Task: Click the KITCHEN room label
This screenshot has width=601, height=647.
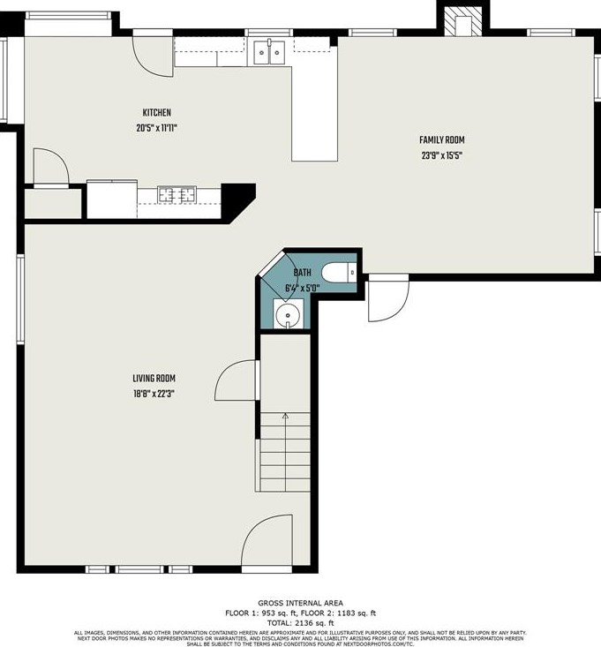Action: [x=156, y=113]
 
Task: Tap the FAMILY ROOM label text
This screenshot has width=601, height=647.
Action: [x=441, y=139]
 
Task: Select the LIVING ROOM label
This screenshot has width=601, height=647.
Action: [x=149, y=379]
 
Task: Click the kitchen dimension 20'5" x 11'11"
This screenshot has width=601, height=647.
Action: [x=156, y=127]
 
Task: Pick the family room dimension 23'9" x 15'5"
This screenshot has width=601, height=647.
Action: [x=441, y=155]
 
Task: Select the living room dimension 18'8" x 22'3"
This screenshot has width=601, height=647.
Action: [x=149, y=394]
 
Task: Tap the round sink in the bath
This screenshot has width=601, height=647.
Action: [x=287, y=314]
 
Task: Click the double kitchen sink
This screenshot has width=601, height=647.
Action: [x=269, y=53]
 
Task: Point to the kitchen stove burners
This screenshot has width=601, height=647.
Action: [x=179, y=193]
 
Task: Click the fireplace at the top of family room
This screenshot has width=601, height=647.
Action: [x=462, y=22]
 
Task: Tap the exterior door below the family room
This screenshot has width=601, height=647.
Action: [x=387, y=300]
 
